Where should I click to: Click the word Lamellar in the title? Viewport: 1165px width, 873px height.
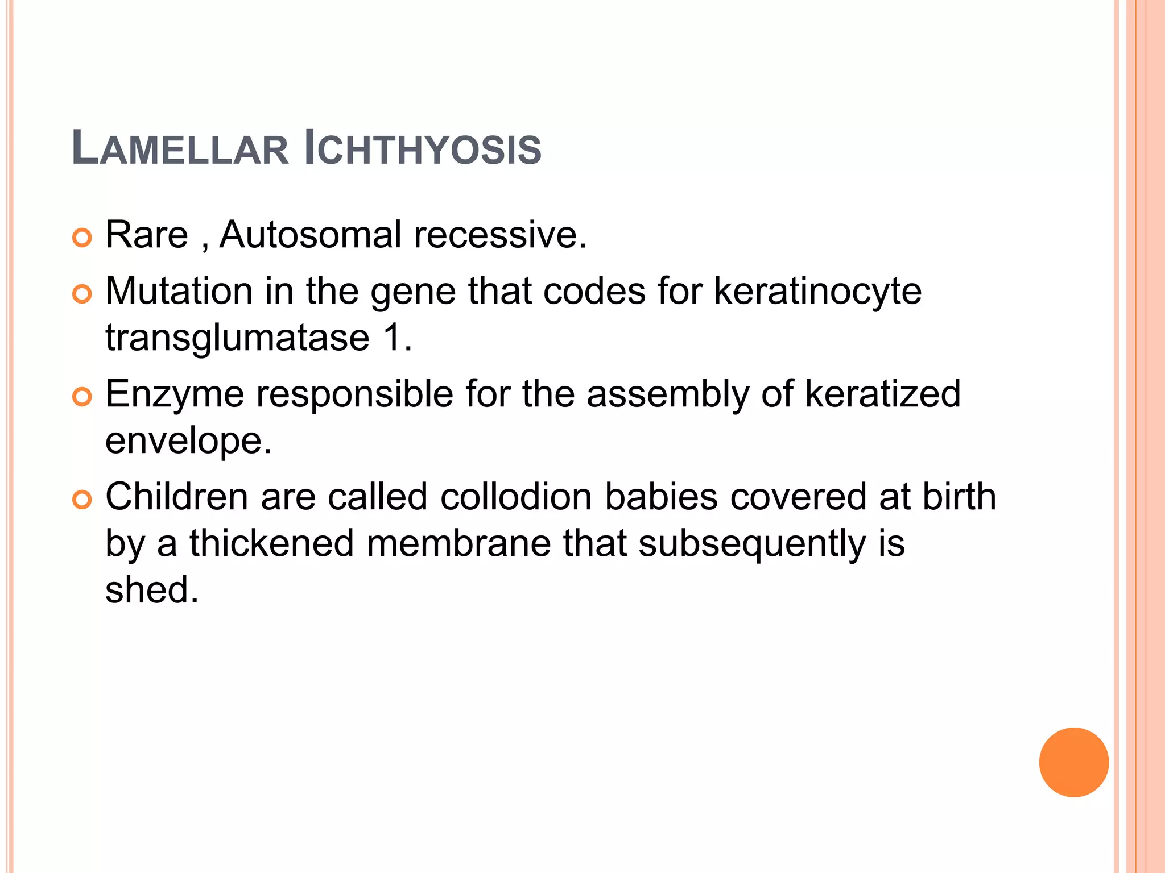click(180, 149)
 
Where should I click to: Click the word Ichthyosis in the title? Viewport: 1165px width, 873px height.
click(423, 149)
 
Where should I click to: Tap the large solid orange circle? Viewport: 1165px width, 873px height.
click(1073, 762)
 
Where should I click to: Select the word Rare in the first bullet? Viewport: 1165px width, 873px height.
click(147, 235)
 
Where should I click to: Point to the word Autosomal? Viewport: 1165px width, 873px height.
click(311, 235)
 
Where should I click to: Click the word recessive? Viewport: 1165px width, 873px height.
click(500, 235)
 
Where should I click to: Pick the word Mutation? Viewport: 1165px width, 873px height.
click(179, 292)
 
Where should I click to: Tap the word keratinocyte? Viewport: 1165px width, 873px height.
click(817, 292)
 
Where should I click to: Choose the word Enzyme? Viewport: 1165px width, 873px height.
click(175, 394)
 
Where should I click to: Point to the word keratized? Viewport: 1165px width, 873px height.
click(882, 394)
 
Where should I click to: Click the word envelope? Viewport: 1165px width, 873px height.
click(188, 441)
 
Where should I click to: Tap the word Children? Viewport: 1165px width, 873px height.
click(177, 497)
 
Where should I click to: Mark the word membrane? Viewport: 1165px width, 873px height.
click(458, 543)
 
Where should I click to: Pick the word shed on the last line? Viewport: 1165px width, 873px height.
click(152, 589)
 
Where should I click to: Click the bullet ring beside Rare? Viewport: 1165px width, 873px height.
click(82, 238)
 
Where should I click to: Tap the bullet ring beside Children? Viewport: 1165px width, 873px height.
click(82, 500)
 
